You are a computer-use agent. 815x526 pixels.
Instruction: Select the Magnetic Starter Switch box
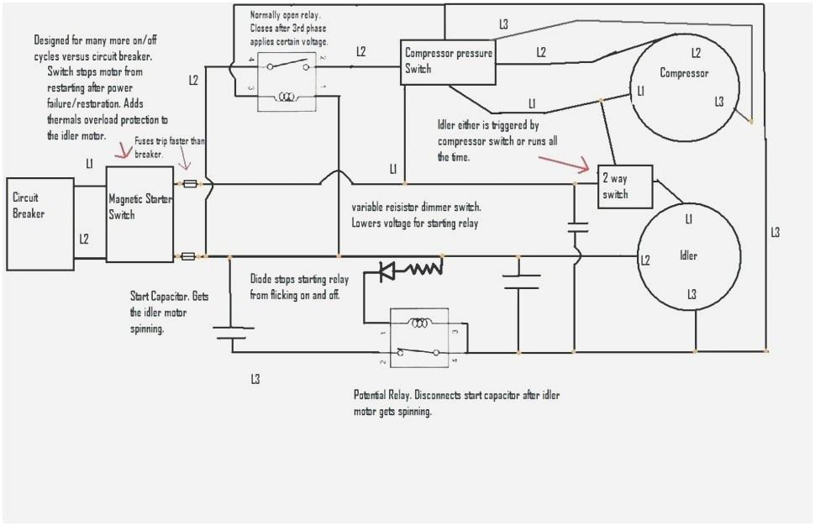point(139,213)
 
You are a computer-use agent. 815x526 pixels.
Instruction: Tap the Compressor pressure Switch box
point(447,62)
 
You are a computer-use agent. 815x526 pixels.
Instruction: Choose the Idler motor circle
point(690,255)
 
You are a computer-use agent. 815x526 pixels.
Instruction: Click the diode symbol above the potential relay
point(387,271)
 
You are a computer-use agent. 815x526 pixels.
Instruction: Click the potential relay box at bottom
point(418,337)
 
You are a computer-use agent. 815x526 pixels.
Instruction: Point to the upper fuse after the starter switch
point(191,182)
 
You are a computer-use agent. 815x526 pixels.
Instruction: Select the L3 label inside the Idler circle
point(691,294)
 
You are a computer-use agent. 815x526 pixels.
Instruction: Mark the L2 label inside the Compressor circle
point(696,52)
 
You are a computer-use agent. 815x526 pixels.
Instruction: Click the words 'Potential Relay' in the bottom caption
point(382,396)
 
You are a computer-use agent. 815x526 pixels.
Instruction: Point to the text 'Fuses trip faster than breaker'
point(171,148)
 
